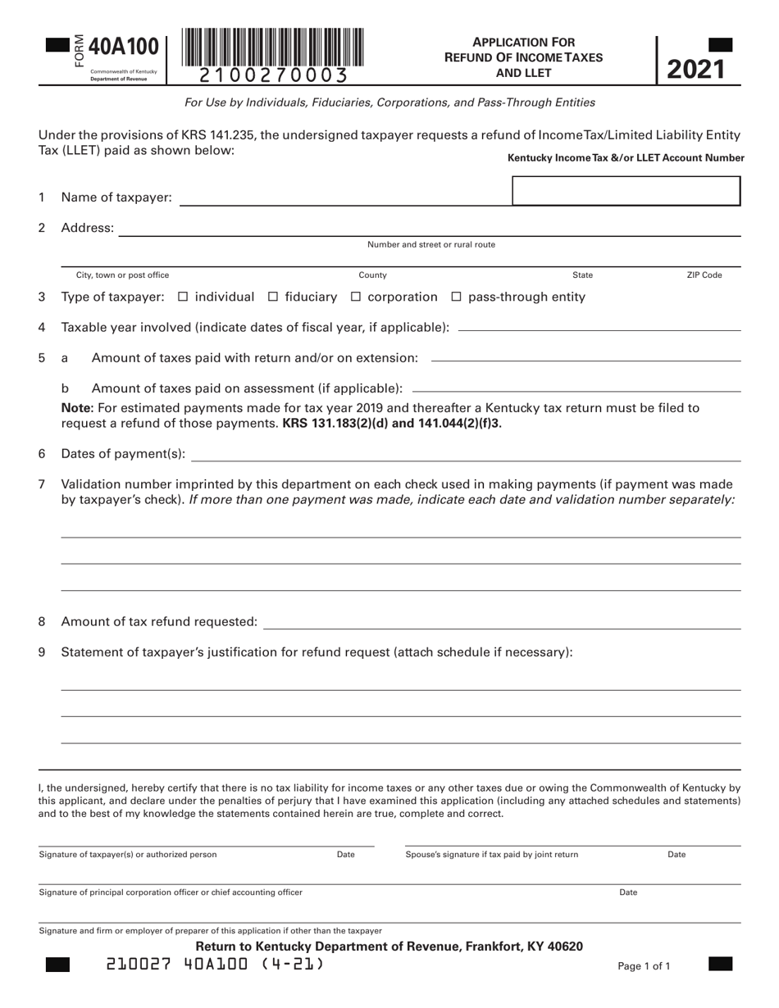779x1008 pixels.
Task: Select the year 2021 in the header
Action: click(x=695, y=69)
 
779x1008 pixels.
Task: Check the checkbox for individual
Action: click(x=183, y=297)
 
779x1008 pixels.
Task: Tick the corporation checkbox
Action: click(x=356, y=297)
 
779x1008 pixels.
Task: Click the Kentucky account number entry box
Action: click(x=626, y=191)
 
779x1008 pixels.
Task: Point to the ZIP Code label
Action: click(x=704, y=275)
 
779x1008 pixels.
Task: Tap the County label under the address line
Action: click(x=372, y=275)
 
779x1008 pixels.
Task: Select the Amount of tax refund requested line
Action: click(x=500, y=622)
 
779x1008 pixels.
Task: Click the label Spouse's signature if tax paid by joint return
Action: click(x=491, y=854)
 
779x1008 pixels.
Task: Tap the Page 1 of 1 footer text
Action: click(x=644, y=966)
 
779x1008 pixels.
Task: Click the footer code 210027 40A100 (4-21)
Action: click(x=215, y=965)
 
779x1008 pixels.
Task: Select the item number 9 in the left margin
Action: click(x=42, y=652)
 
